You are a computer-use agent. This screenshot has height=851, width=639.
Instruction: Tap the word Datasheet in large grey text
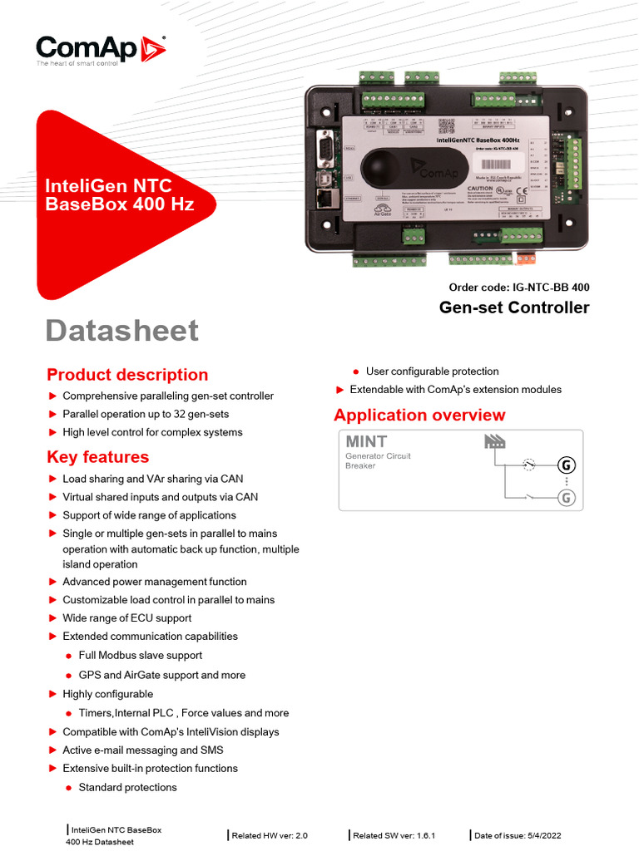[x=121, y=330]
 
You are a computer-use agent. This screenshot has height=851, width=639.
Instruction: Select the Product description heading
[x=127, y=375]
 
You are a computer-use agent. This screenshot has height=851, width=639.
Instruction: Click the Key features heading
[x=98, y=457]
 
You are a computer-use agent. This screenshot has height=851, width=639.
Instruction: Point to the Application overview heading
[x=419, y=416]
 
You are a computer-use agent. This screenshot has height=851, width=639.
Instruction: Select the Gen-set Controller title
[x=513, y=308]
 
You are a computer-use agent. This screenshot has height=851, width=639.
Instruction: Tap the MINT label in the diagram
[x=366, y=441]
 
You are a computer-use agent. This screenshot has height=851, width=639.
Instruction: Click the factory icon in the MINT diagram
[x=494, y=441]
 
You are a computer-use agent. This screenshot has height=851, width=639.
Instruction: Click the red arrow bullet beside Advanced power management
[x=52, y=582]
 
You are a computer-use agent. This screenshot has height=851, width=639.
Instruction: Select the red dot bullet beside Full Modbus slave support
[x=69, y=657]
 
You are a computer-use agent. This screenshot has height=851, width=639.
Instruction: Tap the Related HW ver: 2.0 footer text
[x=270, y=835]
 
